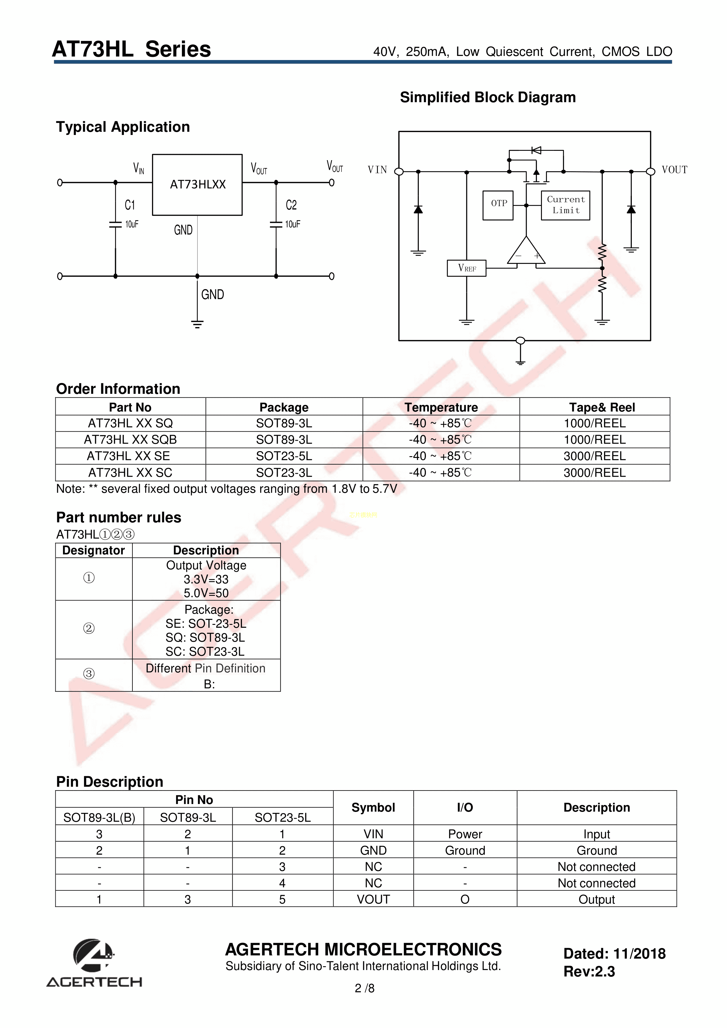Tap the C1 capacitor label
129,205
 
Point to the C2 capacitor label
291,205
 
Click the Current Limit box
565,205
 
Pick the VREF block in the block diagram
466,268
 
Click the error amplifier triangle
526,252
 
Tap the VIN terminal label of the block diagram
377,170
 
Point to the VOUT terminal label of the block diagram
674,170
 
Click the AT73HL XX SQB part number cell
130,440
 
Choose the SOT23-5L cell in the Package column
284,456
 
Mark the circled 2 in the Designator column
89,629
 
